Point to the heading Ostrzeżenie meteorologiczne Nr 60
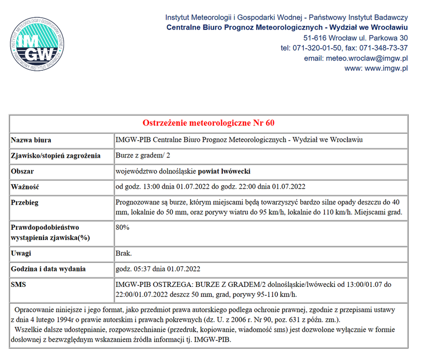(x=209, y=123)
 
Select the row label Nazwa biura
(x=31, y=140)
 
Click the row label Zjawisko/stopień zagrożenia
(x=55, y=156)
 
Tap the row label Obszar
(x=23, y=171)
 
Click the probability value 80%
(x=123, y=227)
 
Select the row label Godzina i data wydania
(x=48, y=269)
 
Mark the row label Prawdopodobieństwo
(x=45, y=227)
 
